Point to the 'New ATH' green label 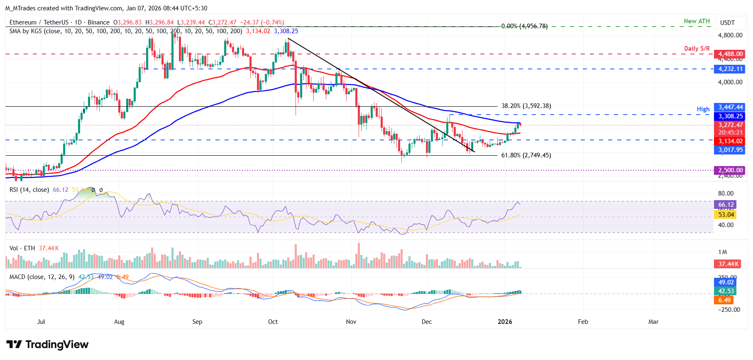(697, 21)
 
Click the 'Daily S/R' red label (697, 49)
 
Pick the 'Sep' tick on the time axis (197, 322)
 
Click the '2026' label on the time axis (505, 322)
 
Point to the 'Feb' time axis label (583, 322)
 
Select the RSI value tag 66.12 (726, 205)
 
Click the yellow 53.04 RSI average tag (726, 215)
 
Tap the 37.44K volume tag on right (729, 264)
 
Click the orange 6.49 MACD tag (724, 300)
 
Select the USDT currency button (727, 23)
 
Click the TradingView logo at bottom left (47, 345)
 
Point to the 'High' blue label (703, 109)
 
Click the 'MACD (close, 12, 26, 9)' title (42, 277)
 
